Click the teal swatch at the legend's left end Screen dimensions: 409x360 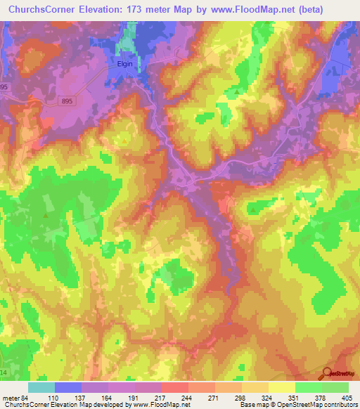pos(41,387)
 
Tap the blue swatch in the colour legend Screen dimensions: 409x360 pos(68,387)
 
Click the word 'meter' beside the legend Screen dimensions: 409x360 pos(9,398)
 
